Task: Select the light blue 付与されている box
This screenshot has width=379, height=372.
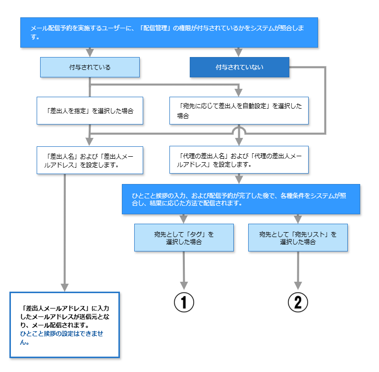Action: click(90, 67)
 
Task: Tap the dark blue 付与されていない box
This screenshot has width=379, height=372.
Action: click(239, 67)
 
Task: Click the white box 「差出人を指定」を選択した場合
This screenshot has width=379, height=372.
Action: click(90, 111)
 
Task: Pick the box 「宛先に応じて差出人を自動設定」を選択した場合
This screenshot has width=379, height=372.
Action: click(239, 111)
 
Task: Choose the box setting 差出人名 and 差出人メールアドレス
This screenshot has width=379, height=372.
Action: click(90, 160)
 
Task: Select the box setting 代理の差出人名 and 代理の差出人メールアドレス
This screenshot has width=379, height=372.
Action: click(239, 160)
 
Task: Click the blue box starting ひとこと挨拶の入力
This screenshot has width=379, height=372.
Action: click(241, 199)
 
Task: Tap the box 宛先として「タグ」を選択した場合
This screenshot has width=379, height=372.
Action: click(184, 238)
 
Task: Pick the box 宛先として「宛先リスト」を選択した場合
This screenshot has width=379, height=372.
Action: click(298, 238)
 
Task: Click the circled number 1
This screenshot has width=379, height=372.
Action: click(184, 303)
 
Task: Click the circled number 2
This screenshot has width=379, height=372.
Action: click(298, 303)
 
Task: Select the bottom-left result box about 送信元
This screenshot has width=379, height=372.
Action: click(64, 325)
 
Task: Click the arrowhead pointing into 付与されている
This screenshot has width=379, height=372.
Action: click(90, 53)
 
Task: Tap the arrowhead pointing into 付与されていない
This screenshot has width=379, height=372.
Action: click(239, 53)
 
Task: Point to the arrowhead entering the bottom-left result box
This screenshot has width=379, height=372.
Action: click(64, 287)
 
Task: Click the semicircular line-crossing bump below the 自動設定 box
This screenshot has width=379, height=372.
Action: click(239, 130)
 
